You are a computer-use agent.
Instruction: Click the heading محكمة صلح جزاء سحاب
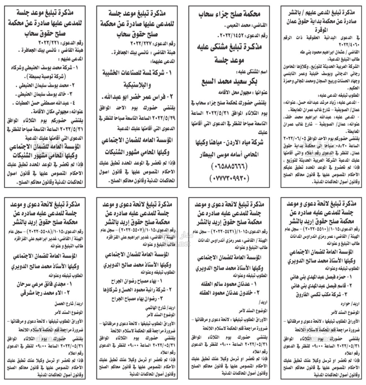pos(229,14)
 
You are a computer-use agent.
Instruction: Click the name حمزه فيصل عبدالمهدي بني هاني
pos(321,277)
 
